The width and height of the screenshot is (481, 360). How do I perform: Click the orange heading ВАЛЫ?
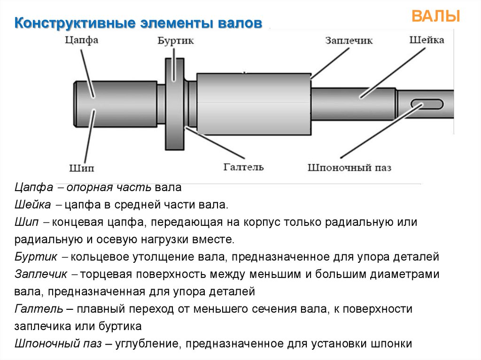[x=435, y=16]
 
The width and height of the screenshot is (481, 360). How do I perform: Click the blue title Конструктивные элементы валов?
[x=138, y=23]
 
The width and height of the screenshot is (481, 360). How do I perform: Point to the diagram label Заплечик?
[x=349, y=40]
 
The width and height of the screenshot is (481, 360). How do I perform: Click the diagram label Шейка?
[x=427, y=40]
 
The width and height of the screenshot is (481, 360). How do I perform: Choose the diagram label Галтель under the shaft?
[x=243, y=167]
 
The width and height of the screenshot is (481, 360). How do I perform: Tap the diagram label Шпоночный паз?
[x=349, y=167]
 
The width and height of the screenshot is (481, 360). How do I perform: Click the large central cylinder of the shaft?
[x=254, y=104]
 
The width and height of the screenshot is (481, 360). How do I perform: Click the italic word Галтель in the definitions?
[x=39, y=309]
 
